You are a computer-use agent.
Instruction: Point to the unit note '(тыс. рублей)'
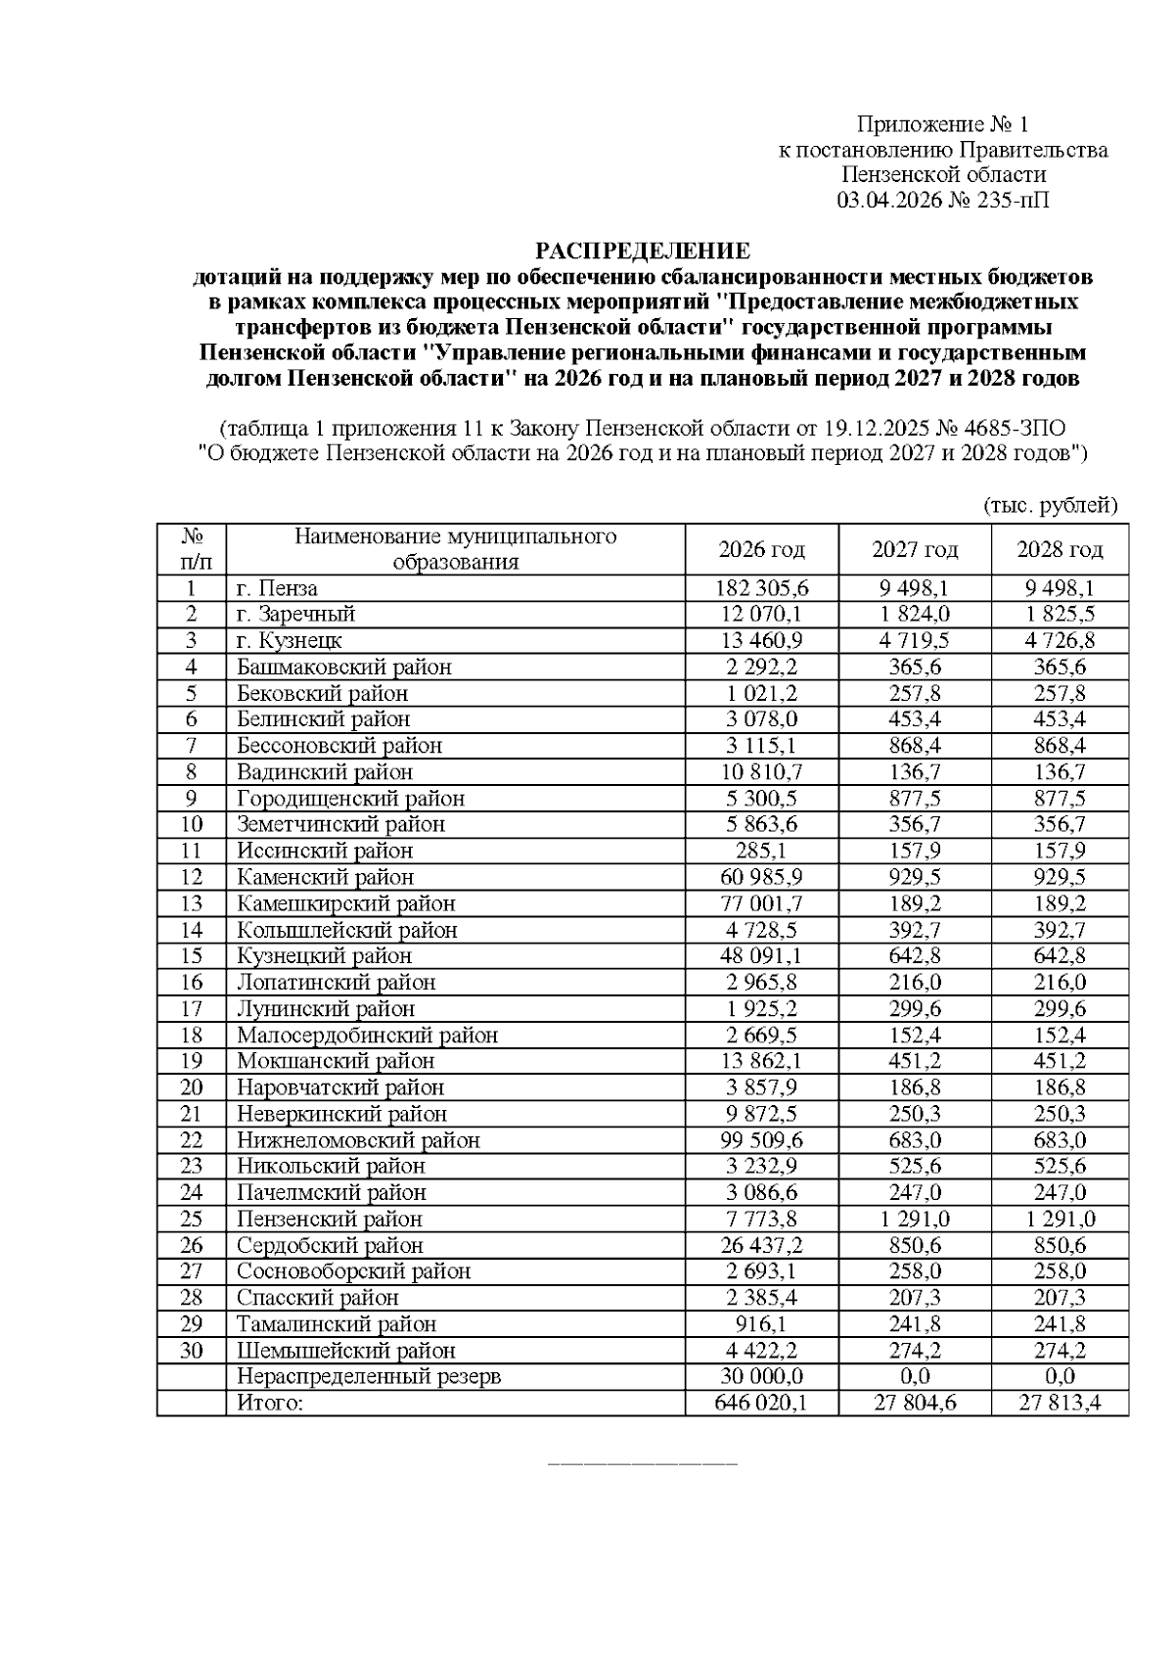click(1050, 505)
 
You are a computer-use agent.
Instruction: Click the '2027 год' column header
click(915, 549)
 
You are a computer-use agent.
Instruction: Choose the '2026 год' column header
click(761, 549)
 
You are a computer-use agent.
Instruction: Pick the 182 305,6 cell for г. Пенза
click(761, 588)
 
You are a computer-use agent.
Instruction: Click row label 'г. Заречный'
click(295, 615)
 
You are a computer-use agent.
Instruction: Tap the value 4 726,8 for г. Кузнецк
click(1060, 641)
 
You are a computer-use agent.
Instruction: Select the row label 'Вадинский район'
click(324, 772)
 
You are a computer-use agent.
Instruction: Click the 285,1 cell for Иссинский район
click(761, 851)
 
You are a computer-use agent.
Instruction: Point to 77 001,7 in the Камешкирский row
click(761, 903)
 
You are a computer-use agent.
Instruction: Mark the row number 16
click(191, 983)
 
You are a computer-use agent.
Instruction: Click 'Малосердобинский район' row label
click(367, 1036)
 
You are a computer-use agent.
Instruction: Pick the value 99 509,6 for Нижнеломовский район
click(761, 1140)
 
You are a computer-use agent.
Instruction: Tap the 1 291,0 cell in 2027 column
click(915, 1220)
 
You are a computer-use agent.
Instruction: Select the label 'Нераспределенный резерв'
click(369, 1377)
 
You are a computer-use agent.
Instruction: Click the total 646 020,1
click(761, 1404)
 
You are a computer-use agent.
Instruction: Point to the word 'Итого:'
click(270, 1404)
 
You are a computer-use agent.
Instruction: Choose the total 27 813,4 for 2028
click(1060, 1404)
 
